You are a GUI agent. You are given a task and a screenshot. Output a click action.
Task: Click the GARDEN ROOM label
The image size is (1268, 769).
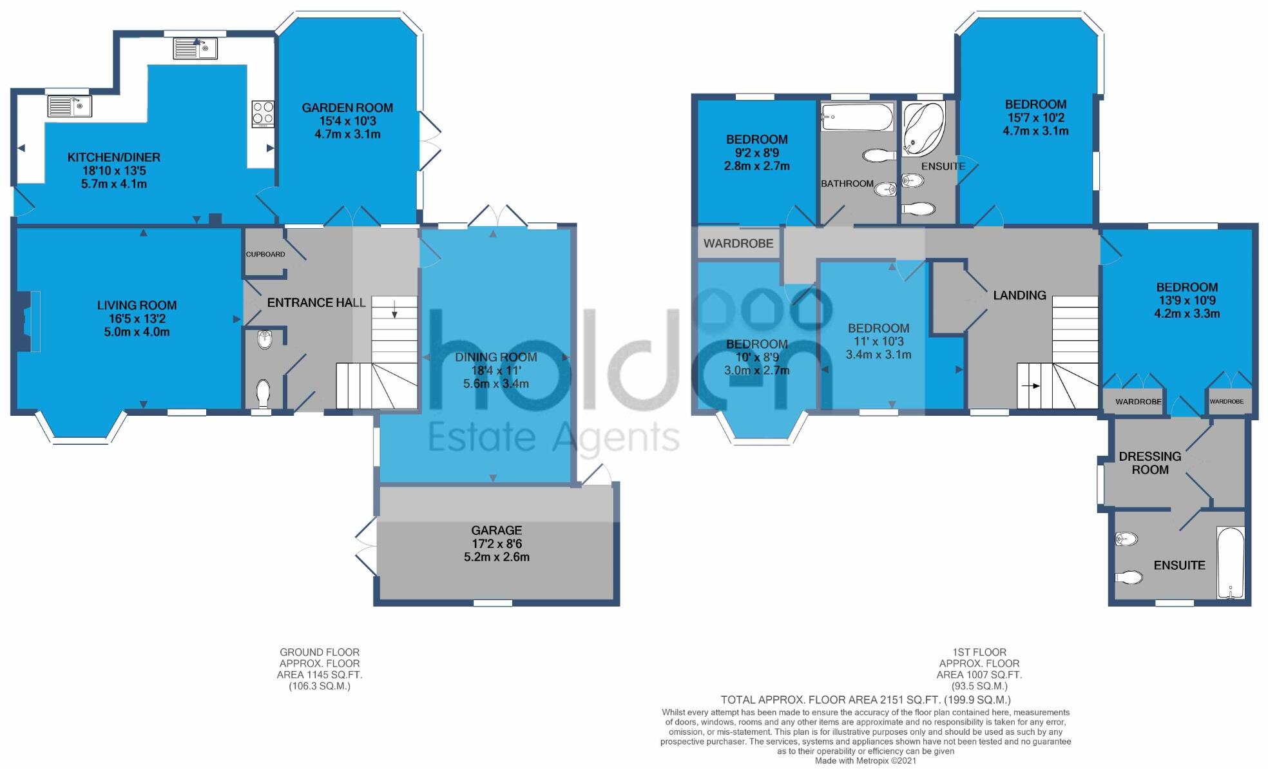(x=347, y=108)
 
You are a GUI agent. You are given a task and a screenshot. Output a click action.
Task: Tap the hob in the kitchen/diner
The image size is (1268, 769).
(x=262, y=114)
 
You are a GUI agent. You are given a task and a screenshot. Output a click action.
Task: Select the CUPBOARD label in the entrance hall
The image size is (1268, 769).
(x=265, y=255)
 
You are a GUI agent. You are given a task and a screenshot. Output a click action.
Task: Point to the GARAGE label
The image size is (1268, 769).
(x=496, y=531)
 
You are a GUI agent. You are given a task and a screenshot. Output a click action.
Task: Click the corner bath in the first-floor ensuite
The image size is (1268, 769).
(x=921, y=129)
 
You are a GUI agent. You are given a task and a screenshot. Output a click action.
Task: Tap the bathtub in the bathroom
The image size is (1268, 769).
(x=857, y=117)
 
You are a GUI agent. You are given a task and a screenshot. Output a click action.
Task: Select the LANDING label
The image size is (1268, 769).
(x=1019, y=295)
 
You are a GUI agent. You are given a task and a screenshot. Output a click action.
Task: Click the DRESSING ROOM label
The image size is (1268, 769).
(x=1150, y=463)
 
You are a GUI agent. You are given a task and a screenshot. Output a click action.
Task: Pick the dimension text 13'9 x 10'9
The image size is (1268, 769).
(x=1187, y=300)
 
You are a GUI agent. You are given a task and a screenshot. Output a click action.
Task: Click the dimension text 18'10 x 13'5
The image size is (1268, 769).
(x=114, y=171)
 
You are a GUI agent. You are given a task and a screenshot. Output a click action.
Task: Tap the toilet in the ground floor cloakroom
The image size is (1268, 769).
(x=263, y=392)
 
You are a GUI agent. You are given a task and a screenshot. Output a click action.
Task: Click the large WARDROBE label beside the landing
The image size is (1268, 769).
(x=738, y=244)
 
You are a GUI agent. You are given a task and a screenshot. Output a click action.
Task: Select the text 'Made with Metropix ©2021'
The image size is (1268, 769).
(x=865, y=761)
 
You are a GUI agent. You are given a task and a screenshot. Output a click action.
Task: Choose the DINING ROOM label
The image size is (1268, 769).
(x=496, y=357)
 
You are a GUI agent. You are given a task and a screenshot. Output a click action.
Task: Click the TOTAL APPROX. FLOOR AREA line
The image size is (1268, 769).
(x=865, y=700)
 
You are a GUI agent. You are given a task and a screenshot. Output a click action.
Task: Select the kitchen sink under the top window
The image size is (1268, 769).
(x=196, y=48)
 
